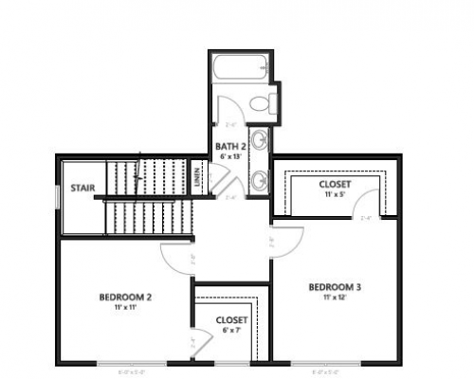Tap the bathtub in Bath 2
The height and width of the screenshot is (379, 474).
241,69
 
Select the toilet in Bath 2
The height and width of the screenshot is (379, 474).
264,101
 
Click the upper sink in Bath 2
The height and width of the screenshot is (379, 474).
259,141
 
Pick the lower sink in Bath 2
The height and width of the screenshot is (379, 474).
259,177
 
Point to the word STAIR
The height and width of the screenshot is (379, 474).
82,188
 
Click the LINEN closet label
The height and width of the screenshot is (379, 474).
198,176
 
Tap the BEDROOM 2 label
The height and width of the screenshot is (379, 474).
126,297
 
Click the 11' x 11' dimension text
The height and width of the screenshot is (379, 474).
126,307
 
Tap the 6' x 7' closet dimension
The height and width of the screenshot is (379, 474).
231,330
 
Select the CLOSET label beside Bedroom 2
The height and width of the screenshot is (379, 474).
231,320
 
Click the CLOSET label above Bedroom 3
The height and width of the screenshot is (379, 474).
333,183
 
